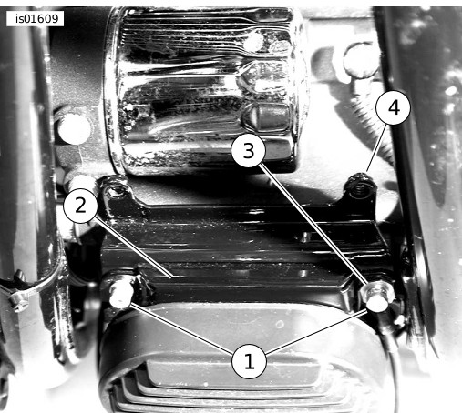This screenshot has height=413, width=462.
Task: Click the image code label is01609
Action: (x=35, y=19)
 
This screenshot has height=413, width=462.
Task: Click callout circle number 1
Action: (x=249, y=361)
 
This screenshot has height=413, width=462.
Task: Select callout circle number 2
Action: (x=80, y=206)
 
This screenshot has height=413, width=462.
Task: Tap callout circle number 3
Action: (x=249, y=150)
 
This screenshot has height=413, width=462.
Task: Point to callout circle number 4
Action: (x=394, y=107)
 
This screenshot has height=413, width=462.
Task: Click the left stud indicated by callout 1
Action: (x=121, y=294)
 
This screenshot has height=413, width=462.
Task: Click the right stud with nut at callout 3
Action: (x=377, y=297)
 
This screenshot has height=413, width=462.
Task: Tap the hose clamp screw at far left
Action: (x=19, y=302)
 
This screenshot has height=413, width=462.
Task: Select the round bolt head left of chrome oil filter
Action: (x=75, y=129)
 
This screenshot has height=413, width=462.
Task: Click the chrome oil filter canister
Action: (x=204, y=89)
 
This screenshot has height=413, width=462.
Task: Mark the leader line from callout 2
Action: (x=133, y=247)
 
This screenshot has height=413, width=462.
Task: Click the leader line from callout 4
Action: (x=376, y=147)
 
